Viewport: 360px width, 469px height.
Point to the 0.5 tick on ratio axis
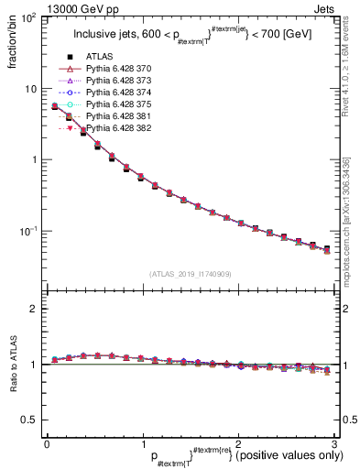point(33,420)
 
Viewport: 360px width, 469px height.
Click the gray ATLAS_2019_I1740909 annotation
point(190,274)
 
